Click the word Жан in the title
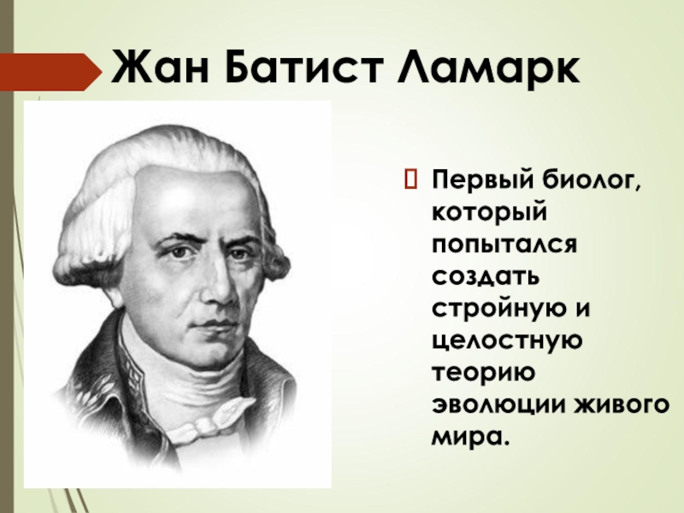(157, 65)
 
